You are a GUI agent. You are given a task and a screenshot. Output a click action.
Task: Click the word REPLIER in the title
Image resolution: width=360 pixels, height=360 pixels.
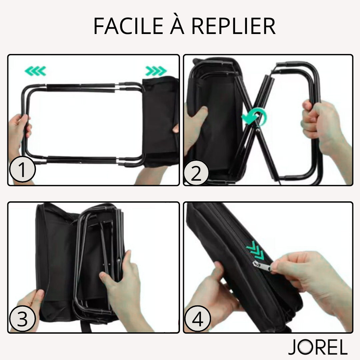pos(233,26)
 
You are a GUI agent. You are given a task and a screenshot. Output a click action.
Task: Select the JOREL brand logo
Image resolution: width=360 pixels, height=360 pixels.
pos(318,347)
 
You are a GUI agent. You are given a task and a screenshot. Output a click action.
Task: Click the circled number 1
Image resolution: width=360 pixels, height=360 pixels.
pos(22,169)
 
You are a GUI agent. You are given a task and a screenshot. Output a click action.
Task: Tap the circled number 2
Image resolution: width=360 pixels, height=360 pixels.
pos(196,173)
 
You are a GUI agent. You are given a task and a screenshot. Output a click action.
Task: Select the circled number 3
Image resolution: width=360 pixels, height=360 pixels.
pos(22,319)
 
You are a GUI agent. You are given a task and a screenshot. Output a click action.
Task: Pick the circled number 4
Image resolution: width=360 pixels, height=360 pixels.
pos(197,319)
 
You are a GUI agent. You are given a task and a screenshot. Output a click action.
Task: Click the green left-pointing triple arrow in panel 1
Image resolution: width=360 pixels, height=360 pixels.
pos(35,71)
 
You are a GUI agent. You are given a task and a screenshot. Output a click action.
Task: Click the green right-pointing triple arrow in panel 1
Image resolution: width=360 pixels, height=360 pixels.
pos(156,71)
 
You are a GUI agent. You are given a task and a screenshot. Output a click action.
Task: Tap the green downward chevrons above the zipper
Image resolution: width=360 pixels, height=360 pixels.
pos(255,250)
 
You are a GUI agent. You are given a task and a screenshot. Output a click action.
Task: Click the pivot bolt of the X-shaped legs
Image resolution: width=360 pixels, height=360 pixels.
pos(258,130)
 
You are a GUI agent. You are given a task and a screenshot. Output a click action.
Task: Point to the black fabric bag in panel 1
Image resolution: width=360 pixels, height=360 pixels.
pos(160,122)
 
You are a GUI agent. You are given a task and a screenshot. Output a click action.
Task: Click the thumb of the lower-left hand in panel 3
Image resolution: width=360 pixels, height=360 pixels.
pos(38,298)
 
